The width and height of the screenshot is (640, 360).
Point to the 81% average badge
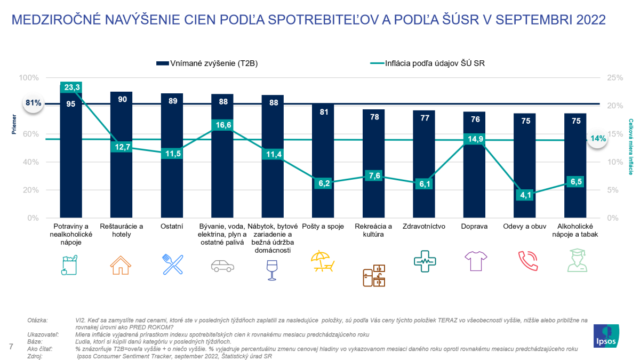click(x=34, y=103)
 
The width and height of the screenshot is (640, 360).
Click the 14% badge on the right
click(x=598, y=139)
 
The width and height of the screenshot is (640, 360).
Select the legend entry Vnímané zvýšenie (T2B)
click(x=209, y=63)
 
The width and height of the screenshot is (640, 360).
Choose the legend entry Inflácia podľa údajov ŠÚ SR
click(x=427, y=63)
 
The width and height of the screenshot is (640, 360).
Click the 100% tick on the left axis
click(x=29, y=78)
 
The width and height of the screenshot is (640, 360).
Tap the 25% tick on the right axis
click(x=615, y=78)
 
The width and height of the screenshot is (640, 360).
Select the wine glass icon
click(x=272, y=270)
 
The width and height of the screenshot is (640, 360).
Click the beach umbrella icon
click(x=323, y=261)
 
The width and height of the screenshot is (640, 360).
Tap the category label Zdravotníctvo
click(x=424, y=226)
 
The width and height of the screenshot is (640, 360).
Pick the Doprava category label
click(x=475, y=226)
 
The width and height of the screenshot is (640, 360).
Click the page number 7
click(x=11, y=347)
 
